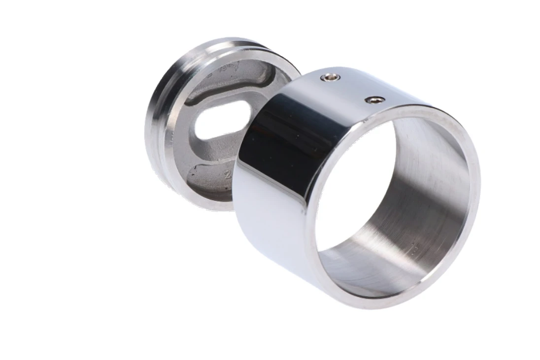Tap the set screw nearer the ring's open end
click(374, 100)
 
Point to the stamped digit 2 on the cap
click(227, 174)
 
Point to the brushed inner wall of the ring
click(434, 187)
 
